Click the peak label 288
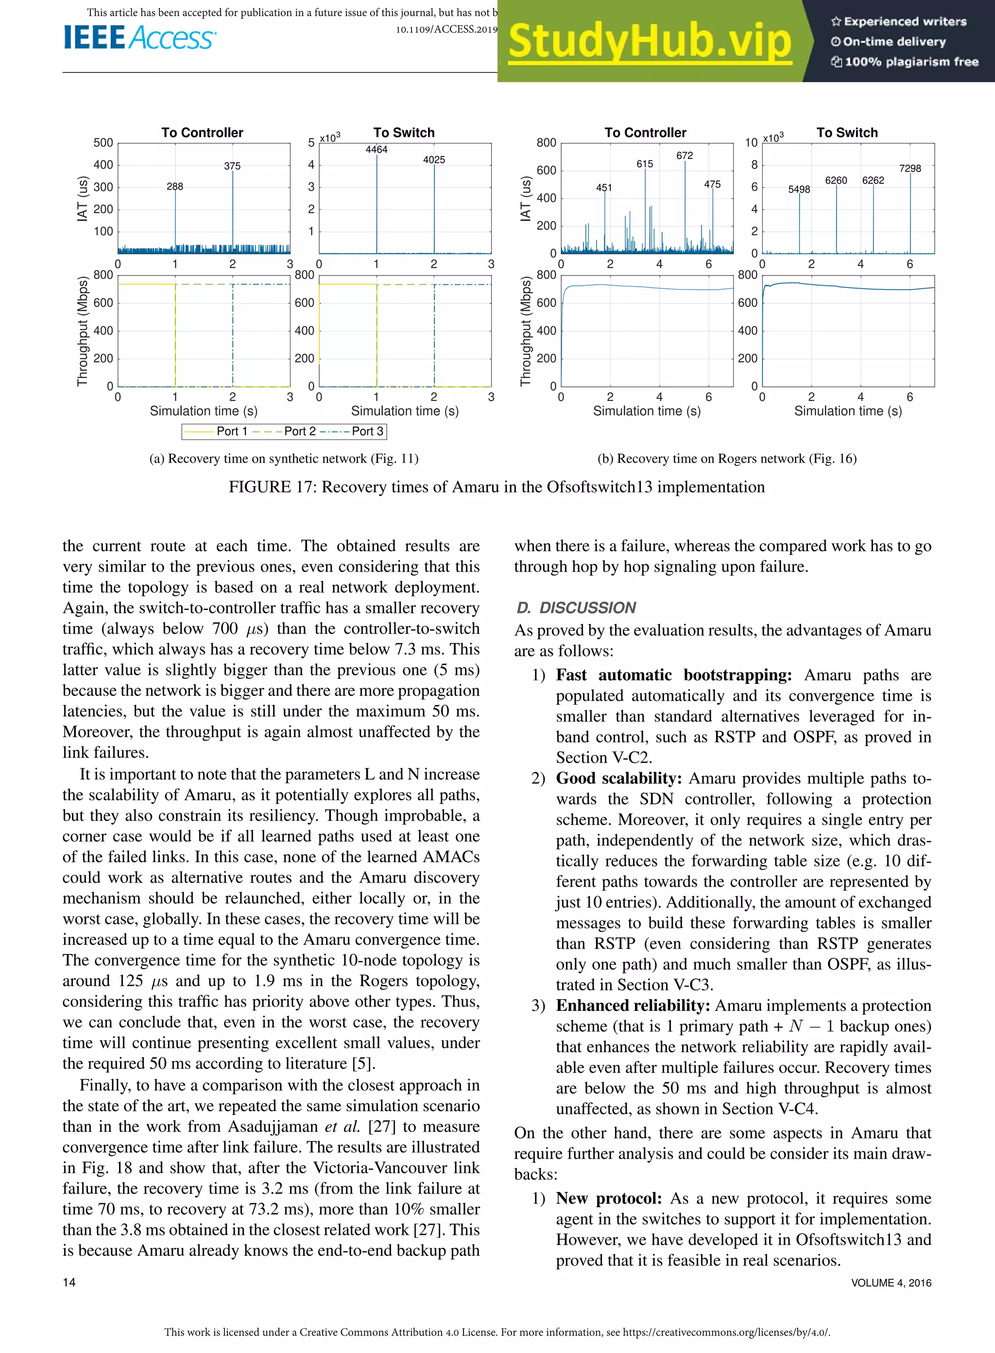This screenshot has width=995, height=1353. click(x=175, y=187)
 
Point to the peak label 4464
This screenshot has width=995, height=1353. click(x=377, y=149)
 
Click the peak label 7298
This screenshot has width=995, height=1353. click(x=909, y=169)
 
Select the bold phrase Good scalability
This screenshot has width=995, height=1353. click(x=618, y=778)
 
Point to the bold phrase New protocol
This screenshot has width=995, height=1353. click(x=608, y=1198)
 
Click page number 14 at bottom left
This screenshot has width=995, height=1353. click(x=69, y=1283)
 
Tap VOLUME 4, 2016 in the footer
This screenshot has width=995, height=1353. click(x=891, y=1283)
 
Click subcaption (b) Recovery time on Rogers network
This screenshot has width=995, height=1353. click(x=726, y=458)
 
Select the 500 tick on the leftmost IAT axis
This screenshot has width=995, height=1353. click(x=103, y=143)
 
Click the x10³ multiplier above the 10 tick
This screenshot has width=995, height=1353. click(x=773, y=138)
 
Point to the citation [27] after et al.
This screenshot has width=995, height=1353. click(x=382, y=1127)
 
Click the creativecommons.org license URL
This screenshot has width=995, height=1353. click(x=726, y=1332)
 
